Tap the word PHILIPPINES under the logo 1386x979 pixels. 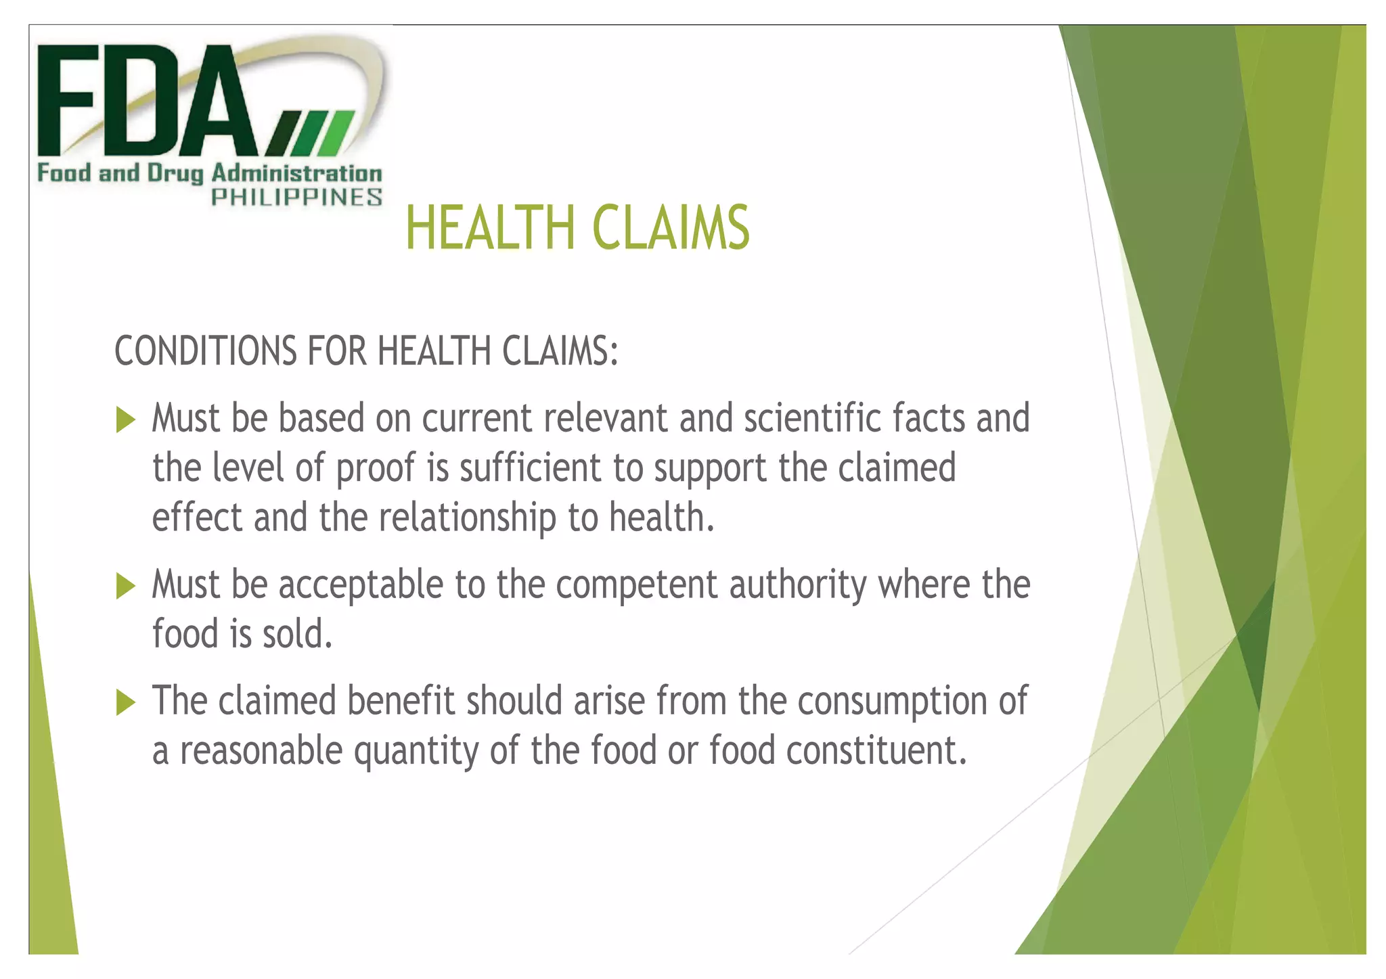point(297,198)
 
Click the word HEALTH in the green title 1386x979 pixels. point(491,228)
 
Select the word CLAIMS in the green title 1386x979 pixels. point(671,228)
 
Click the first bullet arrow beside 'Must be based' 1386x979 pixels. point(126,419)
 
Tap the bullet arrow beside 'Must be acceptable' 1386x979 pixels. point(126,586)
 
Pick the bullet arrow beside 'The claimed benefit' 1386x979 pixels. point(126,702)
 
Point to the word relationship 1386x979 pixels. point(467,518)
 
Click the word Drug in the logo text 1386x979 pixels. point(175,174)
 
